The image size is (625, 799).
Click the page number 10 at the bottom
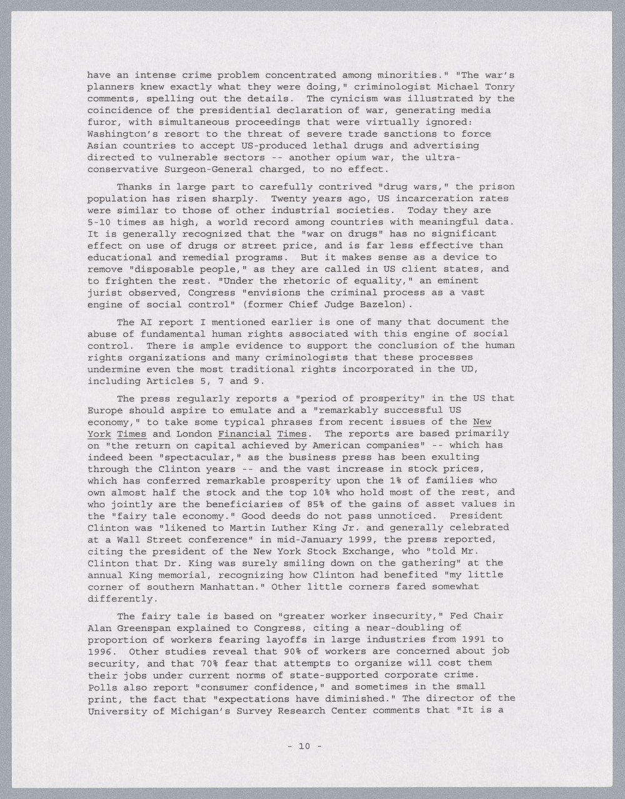(x=304, y=745)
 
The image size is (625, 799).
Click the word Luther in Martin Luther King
(x=258, y=528)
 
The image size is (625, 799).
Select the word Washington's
(x=123, y=134)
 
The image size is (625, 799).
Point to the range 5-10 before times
(x=99, y=222)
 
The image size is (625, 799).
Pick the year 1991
(x=469, y=639)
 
